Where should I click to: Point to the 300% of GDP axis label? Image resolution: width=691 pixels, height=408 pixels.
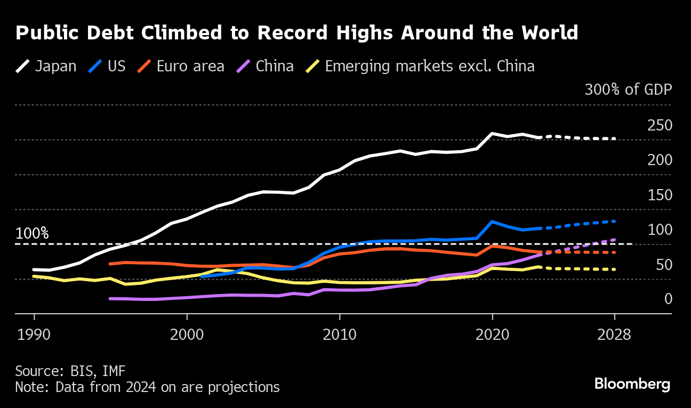coord(628,89)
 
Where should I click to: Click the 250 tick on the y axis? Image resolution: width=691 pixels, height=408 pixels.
coord(660,126)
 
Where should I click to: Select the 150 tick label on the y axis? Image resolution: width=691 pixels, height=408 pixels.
coord(660,195)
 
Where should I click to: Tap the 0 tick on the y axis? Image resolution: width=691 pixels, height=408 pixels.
coord(668,299)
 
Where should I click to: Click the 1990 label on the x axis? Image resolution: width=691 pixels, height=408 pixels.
coord(34,335)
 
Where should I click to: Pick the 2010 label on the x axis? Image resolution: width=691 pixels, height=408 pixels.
coord(340,335)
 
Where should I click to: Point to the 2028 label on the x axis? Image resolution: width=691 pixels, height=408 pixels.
coord(614,335)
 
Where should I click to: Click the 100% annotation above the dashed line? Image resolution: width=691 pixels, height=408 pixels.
coord(32,233)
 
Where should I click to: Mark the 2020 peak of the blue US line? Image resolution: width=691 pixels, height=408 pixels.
coord(492,222)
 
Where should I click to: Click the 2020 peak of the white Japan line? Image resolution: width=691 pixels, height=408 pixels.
coord(492,134)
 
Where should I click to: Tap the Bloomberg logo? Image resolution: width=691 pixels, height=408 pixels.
coord(632,383)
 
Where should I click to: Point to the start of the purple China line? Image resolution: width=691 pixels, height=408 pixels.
coord(110,299)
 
